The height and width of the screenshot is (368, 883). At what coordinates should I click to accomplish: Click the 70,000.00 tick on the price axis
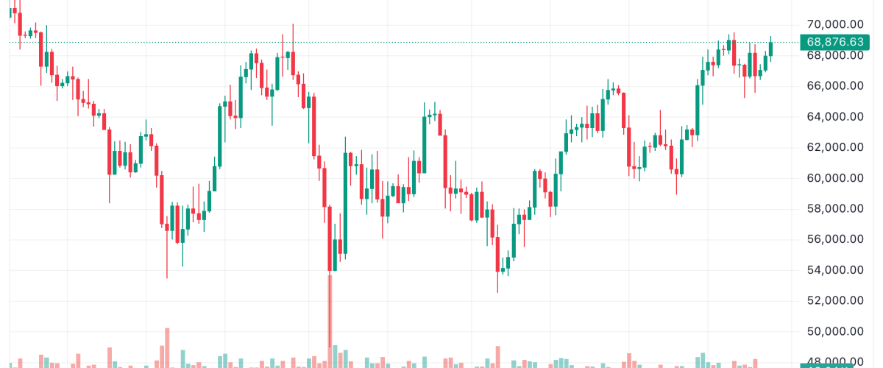tap(834, 24)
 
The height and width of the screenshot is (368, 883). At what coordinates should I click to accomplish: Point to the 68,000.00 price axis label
tap(834, 55)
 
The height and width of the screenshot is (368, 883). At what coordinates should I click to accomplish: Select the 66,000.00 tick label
tap(834, 85)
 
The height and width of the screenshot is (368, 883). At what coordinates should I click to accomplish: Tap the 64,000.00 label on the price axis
tap(834, 116)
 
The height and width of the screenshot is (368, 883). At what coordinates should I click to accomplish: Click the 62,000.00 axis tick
tap(834, 147)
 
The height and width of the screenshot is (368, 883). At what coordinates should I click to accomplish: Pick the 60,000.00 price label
tap(834, 177)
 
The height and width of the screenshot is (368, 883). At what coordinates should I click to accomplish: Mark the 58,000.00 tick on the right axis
tap(834, 208)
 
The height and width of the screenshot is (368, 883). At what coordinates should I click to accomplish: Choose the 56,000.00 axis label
tap(834, 239)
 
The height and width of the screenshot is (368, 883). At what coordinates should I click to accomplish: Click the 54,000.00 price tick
tap(834, 269)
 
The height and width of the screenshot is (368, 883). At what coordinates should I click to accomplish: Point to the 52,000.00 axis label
tap(834, 300)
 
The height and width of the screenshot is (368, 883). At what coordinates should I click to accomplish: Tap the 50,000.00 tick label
tap(834, 331)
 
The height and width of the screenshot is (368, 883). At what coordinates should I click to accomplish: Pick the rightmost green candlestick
tap(770, 49)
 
